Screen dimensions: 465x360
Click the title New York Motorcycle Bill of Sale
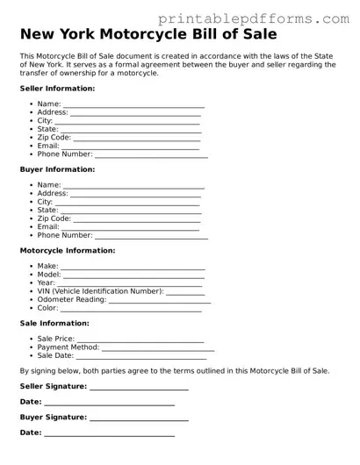click(148, 35)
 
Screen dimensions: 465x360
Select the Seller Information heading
click(57, 89)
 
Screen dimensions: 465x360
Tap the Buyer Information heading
click(57, 169)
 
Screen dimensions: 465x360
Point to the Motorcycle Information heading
click(67, 250)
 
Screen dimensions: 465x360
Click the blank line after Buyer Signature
click(139, 419)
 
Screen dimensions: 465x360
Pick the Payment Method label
click(68, 347)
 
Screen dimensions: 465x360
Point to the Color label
click(47, 308)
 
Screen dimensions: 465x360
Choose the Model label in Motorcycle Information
click(49, 274)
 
